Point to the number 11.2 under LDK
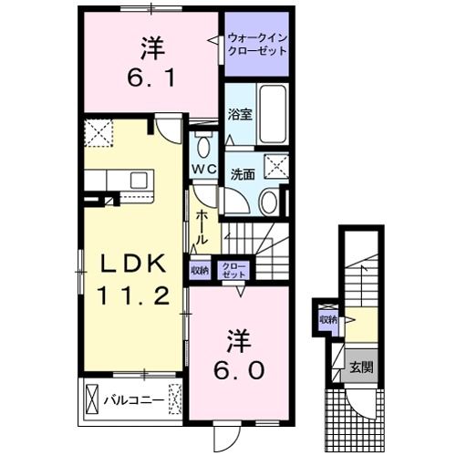click(134, 296)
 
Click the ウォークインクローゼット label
click(258, 42)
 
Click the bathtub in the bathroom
click(273, 115)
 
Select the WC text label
click(202, 169)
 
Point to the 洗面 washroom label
click(242, 173)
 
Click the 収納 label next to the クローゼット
click(200, 269)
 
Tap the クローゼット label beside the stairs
click(234, 269)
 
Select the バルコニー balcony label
click(133, 399)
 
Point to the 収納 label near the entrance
click(327, 319)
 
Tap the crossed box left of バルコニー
click(91, 399)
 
